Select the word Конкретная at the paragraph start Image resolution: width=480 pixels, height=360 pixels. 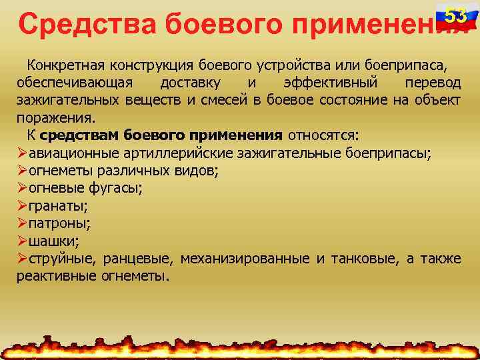coord(61,67)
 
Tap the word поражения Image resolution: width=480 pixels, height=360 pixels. coord(55,119)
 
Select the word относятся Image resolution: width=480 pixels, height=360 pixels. coord(323,136)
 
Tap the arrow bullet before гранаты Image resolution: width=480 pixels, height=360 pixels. coord(22,206)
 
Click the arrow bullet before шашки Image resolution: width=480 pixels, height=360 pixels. coord(22,241)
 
